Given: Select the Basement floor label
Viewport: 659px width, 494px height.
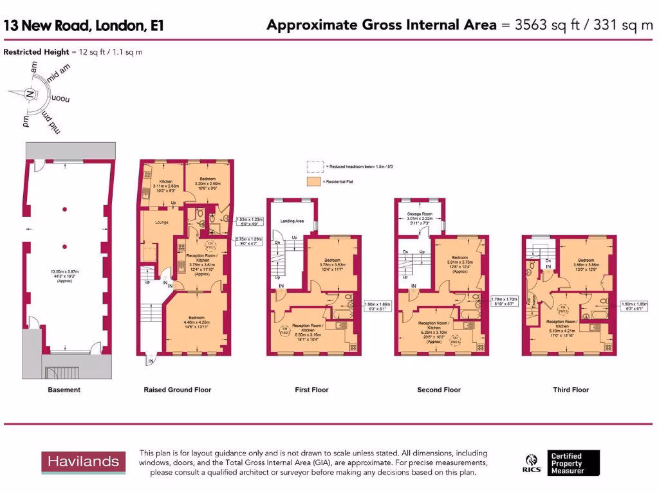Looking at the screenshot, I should click(x=64, y=390).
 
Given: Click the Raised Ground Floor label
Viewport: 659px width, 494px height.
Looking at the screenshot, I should click(x=177, y=390).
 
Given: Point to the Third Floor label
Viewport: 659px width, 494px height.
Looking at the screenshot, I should click(x=571, y=390).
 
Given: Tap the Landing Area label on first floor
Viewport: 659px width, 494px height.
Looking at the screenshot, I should click(x=292, y=221).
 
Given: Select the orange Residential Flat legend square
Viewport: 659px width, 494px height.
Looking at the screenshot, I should click(x=313, y=182).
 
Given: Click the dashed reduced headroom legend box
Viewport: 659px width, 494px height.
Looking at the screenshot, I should click(x=313, y=167).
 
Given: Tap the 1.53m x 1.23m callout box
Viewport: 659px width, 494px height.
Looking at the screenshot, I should click(x=248, y=223).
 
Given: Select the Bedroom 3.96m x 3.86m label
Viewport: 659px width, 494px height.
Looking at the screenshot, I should click(x=585, y=264).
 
